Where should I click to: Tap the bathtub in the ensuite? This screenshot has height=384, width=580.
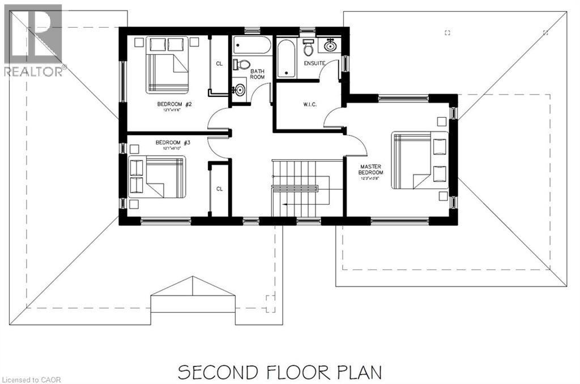tap(285, 57)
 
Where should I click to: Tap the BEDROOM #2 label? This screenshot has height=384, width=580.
tap(174, 105)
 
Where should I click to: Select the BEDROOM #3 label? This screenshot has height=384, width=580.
tap(173, 143)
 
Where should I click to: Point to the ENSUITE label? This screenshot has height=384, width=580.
tap(314, 63)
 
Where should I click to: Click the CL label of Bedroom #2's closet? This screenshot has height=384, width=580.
tap(219, 63)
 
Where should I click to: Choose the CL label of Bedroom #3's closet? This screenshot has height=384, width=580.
tap(219, 189)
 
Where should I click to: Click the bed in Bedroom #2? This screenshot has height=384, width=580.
tap(168, 65)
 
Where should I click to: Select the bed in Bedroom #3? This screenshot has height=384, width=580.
tap(159, 177)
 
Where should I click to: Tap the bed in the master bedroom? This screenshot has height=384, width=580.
tap(420, 160)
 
